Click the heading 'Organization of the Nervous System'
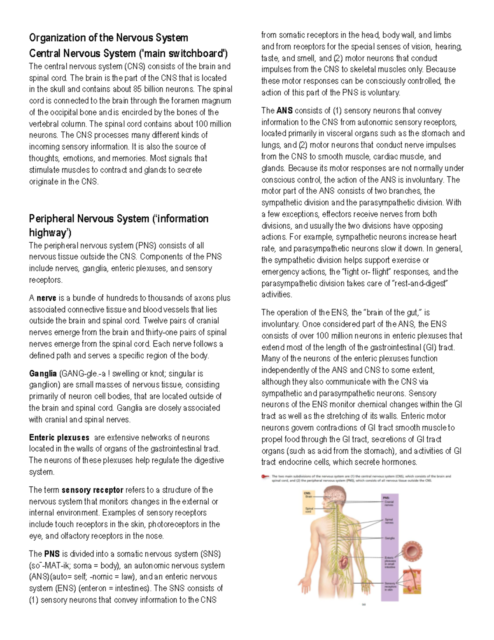tap(108, 38)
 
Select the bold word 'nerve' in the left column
tap(46, 298)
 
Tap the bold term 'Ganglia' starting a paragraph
tap(43, 373)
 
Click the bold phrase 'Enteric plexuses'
tap(59, 438)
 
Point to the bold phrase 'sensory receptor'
tap(92, 490)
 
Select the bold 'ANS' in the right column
tap(284, 110)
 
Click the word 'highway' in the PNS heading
tap(48, 233)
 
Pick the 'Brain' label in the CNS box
tap(309, 497)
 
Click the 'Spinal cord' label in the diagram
tap(309, 510)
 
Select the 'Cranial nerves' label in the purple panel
tap(389, 503)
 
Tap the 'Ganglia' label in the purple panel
tap(389, 538)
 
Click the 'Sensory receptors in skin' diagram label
tap(389, 586)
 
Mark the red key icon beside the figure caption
tap(265, 476)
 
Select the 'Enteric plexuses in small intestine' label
tap(390, 562)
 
